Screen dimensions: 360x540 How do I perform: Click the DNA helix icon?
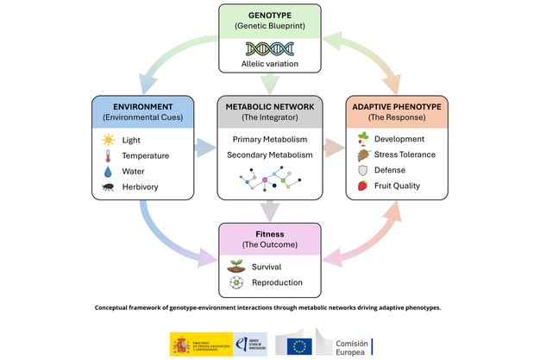coord(269,48)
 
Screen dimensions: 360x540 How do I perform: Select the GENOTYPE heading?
coord(269,15)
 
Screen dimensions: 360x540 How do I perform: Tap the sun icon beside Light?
coord(108,139)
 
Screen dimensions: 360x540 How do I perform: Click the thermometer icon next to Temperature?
coord(108,155)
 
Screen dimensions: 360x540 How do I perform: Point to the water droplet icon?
coord(108,171)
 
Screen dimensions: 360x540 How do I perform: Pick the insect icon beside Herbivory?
coord(108,186)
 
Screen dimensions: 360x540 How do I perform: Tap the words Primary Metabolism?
coord(269,138)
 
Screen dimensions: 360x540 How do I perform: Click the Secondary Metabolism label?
coord(269,155)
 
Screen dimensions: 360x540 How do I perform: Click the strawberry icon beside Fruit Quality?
coord(363,186)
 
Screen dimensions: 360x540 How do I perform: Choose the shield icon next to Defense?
coord(363,170)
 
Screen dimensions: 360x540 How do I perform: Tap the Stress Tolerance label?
coord(405,155)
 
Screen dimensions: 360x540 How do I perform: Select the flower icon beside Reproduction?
coord(235,282)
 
